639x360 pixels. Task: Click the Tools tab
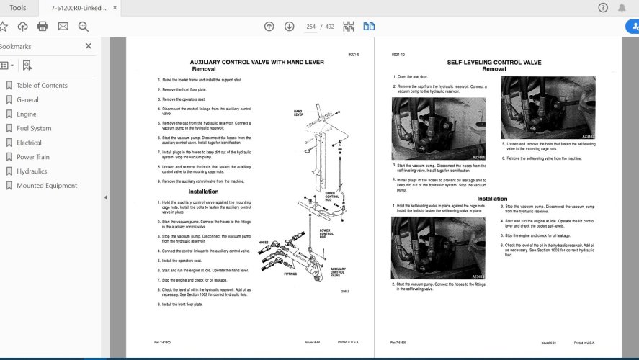pyautogui.click(x=18, y=8)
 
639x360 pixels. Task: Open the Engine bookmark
pyautogui.click(x=27, y=114)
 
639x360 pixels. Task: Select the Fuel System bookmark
pyautogui.click(x=34, y=128)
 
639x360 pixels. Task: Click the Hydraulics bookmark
pyautogui.click(x=32, y=171)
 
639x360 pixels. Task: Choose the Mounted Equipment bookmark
pyautogui.click(x=47, y=186)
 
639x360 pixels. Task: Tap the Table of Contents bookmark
pyautogui.click(x=42, y=86)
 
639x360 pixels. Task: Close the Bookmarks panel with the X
pyautogui.click(x=89, y=46)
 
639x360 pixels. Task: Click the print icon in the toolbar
pyautogui.click(x=43, y=27)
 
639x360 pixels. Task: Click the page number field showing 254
pyautogui.click(x=310, y=27)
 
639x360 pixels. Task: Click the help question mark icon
pyautogui.click(x=603, y=8)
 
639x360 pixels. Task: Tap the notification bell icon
pyautogui.click(x=622, y=8)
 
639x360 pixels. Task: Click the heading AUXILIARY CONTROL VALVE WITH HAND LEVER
pyautogui.click(x=256, y=63)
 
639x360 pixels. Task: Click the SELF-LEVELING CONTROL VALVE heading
pyautogui.click(x=493, y=63)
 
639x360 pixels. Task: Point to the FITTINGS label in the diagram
pyautogui.click(x=290, y=274)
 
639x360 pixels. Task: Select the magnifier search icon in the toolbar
pyautogui.click(x=83, y=27)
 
